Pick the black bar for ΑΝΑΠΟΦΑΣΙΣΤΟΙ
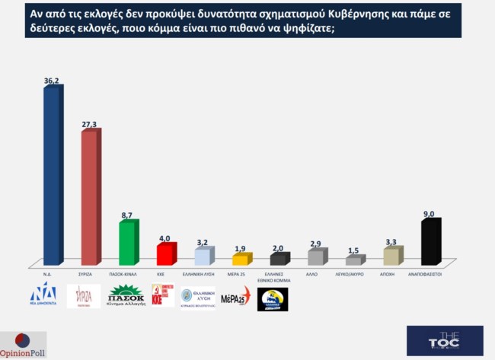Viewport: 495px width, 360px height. pyautogui.click(x=430, y=243)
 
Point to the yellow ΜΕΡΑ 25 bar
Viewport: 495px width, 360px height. pyautogui.click(x=239, y=260)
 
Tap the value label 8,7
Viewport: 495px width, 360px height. pyautogui.click(x=127, y=216)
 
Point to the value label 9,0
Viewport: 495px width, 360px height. pyautogui.click(x=430, y=214)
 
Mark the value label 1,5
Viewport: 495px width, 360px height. pyautogui.click(x=353, y=250)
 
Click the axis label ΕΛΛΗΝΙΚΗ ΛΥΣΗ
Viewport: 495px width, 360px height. pyautogui.click(x=202, y=272)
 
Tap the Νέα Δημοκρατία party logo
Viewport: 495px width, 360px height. pyautogui.click(x=43, y=296)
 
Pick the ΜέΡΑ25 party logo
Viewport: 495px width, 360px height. pyautogui.click(x=235, y=297)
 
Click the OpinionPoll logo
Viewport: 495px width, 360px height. pyautogui.click(x=23, y=345)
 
